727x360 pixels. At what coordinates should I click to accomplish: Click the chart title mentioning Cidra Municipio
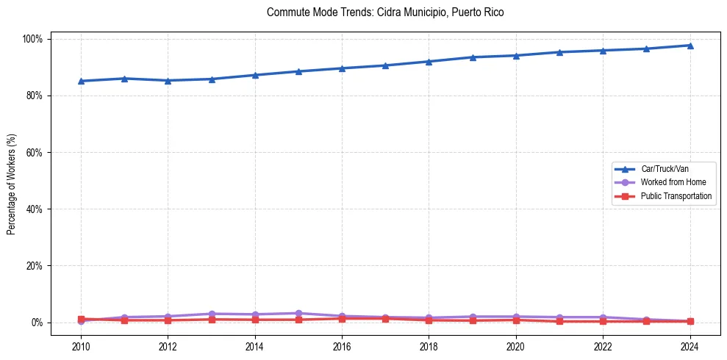(x=385, y=12)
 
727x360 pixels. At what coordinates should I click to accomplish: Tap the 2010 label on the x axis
(x=81, y=346)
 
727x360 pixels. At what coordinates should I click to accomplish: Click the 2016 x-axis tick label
(x=342, y=346)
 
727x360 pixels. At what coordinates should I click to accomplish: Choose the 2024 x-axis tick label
(x=690, y=346)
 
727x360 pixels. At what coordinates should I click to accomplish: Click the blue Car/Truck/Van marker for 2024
(x=690, y=46)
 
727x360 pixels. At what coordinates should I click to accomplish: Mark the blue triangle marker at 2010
(x=81, y=81)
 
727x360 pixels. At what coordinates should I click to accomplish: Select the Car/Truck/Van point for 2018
(x=429, y=62)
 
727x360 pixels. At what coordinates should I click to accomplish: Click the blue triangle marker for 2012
(x=168, y=81)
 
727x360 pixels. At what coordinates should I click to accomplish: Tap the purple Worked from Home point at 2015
(x=298, y=314)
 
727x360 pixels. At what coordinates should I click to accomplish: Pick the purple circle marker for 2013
(x=212, y=314)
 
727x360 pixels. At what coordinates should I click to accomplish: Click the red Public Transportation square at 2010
(x=81, y=319)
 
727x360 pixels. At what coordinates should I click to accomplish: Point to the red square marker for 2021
(x=559, y=321)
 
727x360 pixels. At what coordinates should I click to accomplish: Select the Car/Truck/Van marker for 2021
(x=559, y=52)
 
